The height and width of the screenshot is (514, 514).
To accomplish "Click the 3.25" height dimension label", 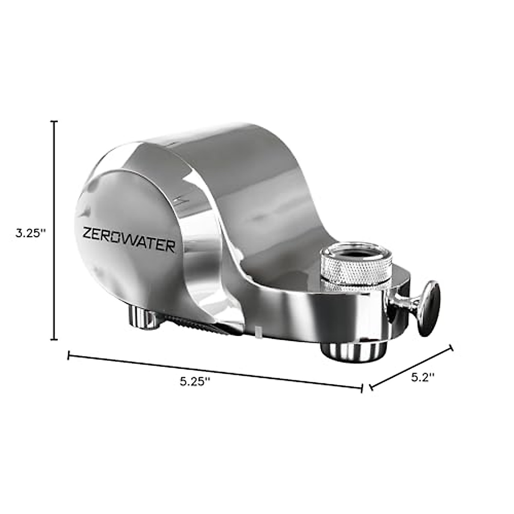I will click(30, 234).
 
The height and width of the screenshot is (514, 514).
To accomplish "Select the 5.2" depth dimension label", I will click(423, 377).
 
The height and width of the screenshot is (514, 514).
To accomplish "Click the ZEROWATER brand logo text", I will click(128, 245).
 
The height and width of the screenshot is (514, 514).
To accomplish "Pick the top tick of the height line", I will click(54, 122).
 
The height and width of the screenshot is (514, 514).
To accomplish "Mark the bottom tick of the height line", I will click(54, 339).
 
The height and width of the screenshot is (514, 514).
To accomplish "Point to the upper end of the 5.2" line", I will click(451, 348).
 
